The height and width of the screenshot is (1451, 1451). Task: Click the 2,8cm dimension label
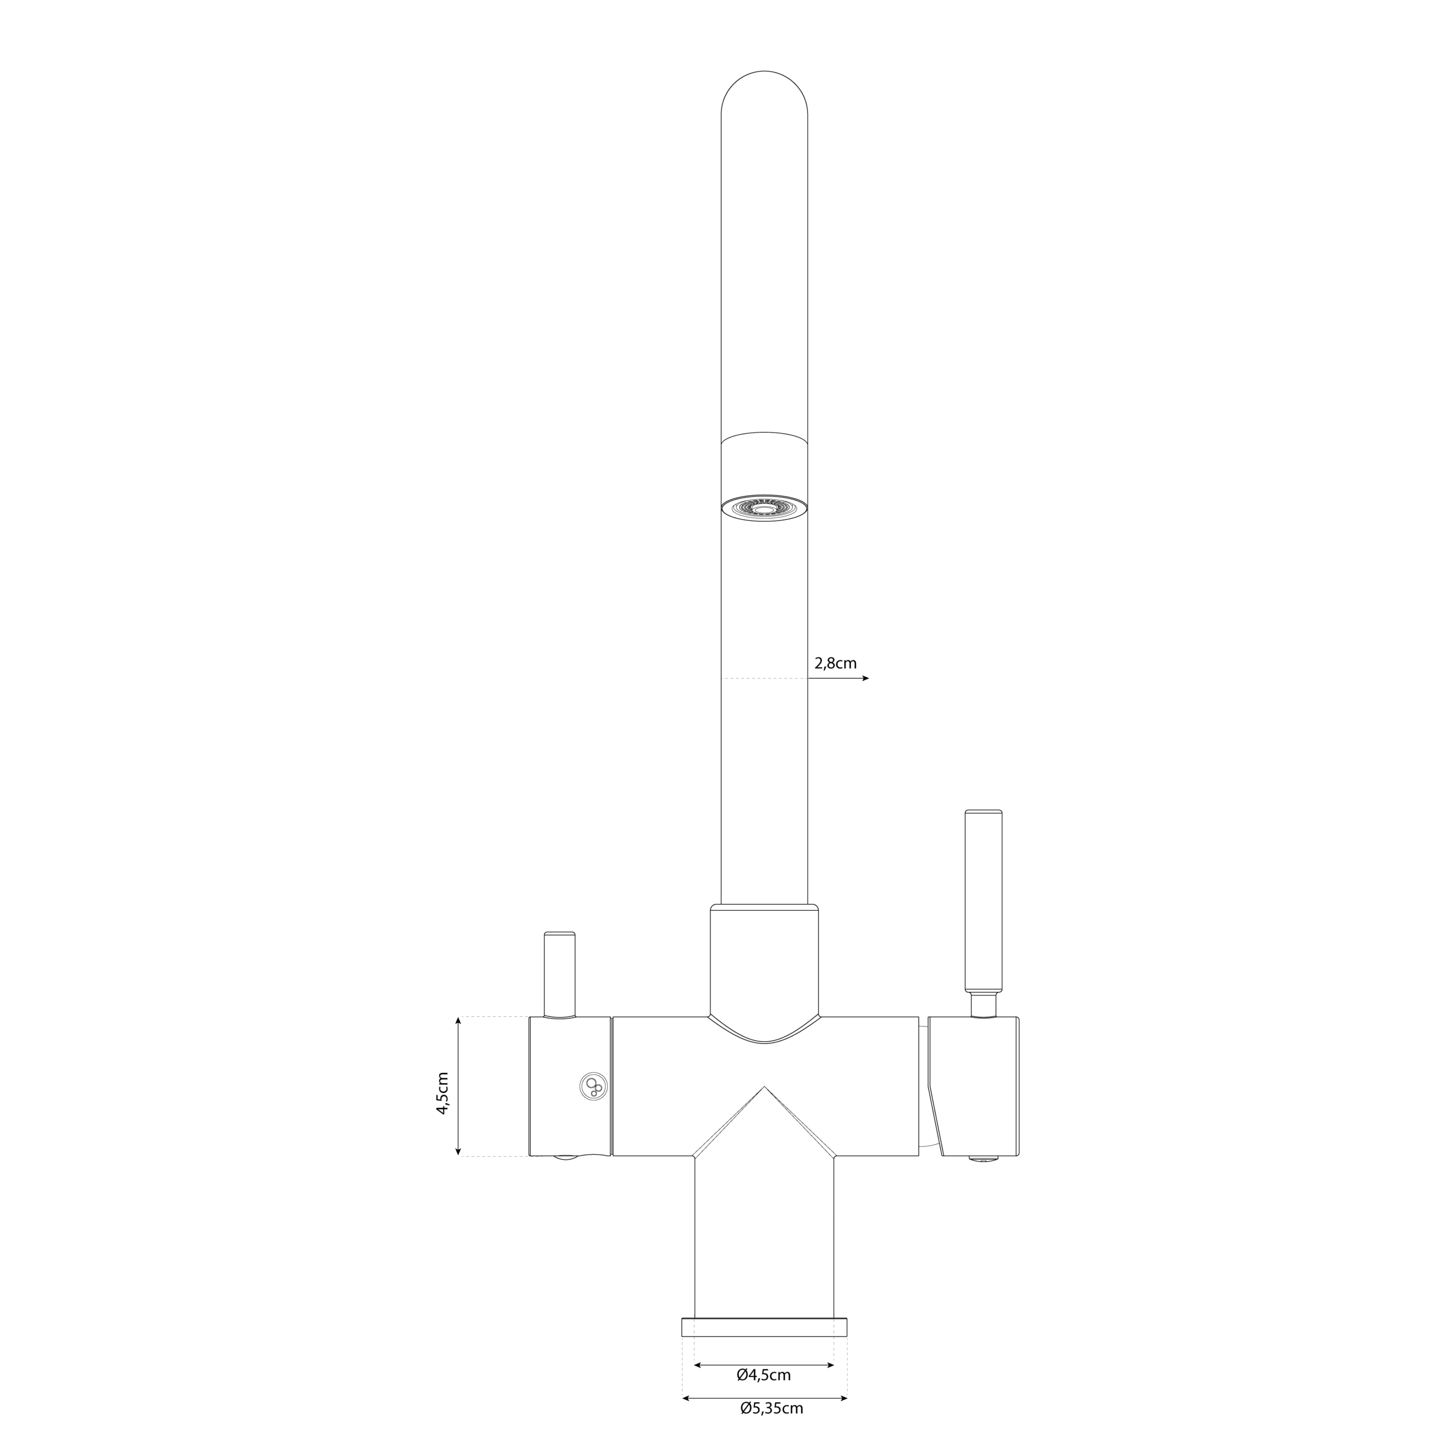[x=835, y=664]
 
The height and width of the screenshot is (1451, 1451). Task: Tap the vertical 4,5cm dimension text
[x=443, y=1093]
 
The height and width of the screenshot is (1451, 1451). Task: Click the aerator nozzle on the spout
[x=764, y=508]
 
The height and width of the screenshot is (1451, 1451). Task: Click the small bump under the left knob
[x=566, y=1158]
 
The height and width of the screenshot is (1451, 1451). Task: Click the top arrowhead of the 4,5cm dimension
[x=458, y=1021]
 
